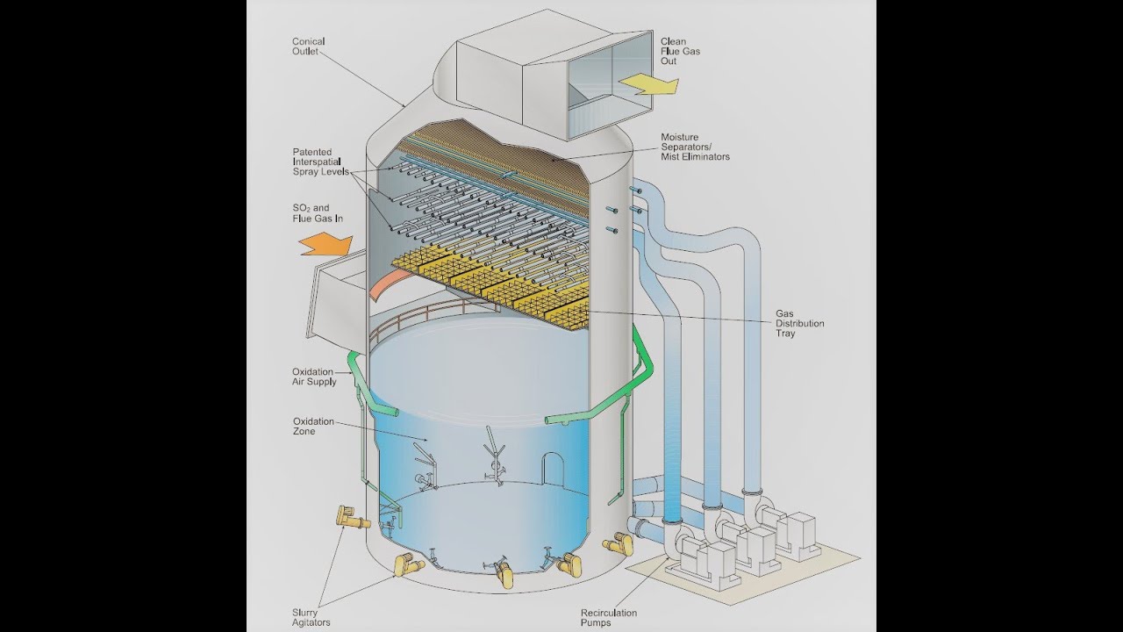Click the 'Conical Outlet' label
308,47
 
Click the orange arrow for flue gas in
325,242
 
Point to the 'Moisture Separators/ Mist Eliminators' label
695,147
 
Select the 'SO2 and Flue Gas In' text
317,213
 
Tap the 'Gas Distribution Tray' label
798,323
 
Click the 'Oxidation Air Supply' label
312,377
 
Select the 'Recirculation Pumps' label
608,618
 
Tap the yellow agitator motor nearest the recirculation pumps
617,545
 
